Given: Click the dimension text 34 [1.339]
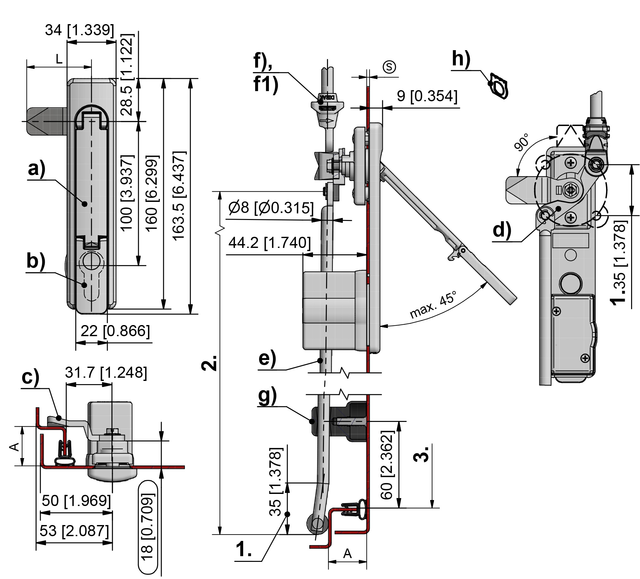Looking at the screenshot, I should (x=79, y=30).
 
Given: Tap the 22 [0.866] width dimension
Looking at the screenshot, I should (x=115, y=331).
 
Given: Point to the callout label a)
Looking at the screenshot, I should (x=37, y=169).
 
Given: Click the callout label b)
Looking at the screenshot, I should (x=36, y=261).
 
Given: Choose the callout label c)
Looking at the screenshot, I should (x=30, y=377).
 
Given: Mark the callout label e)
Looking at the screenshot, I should (x=267, y=358).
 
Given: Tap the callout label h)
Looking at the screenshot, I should (x=461, y=59).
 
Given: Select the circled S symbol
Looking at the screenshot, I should (x=389, y=67).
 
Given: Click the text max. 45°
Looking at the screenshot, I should (x=433, y=304).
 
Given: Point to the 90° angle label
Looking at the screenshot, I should (x=522, y=142).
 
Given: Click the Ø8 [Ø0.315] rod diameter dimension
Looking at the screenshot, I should (x=271, y=208).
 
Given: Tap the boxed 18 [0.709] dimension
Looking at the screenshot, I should (x=148, y=527).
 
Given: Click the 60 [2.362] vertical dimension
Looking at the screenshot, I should (x=387, y=465).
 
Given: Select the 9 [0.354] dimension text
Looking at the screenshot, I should (x=427, y=96).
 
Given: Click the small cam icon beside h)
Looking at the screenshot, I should (x=499, y=86).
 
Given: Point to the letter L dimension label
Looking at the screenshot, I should (x=59, y=59).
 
